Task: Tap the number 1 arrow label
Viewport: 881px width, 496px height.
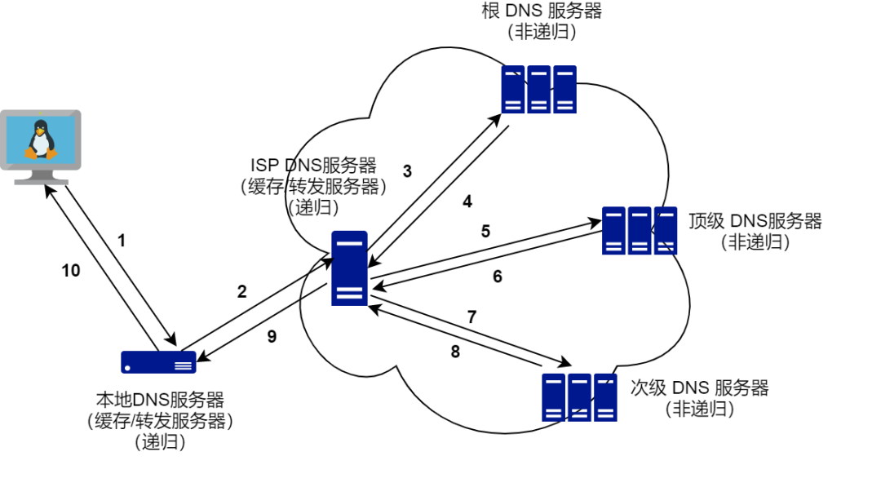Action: click(x=122, y=241)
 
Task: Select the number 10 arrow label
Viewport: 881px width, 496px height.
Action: click(x=72, y=271)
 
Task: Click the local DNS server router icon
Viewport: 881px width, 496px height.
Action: click(x=159, y=361)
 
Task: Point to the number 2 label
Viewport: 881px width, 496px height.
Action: click(x=241, y=291)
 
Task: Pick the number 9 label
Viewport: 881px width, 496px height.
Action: click(x=272, y=335)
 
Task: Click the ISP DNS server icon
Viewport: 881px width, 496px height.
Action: click(x=349, y=268)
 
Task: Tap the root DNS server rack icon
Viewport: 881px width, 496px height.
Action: click(x=538, y=89)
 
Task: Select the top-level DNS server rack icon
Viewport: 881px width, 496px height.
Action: click(x=640, y=230)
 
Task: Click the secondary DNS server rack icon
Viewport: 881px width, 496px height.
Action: click(x=578, y=396)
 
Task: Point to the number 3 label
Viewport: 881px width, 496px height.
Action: click(x=407, y=171)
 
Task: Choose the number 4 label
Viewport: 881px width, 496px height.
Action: click(x=467, y=201)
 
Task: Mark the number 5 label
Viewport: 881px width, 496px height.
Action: click(x=485, y=231)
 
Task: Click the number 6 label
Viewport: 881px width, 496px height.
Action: click(x=498, y=277)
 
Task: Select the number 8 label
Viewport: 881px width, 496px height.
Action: click(x=455, y=352)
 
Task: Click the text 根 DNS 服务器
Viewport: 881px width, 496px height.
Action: click(x=542, y=11)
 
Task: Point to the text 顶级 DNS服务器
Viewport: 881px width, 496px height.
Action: click(x=755, y=221)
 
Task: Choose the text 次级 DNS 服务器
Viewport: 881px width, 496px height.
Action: click(x=699, y=387)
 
